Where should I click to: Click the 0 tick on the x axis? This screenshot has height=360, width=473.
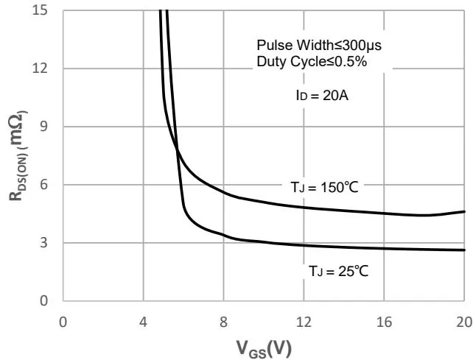pos(63,321)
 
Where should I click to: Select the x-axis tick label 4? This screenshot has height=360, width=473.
pos(144,321)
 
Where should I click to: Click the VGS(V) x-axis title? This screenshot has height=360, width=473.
pos(263,347)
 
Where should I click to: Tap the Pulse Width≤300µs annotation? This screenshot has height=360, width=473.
pos(318,46)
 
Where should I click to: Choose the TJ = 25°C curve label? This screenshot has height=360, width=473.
pos(338,272)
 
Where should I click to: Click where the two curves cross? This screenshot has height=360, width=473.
pos(178,152)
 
